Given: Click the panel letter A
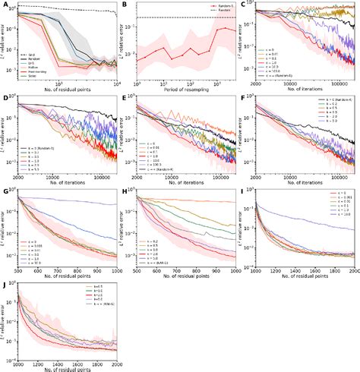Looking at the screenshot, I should click(4, 4).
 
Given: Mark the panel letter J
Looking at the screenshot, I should click(4, 284).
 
